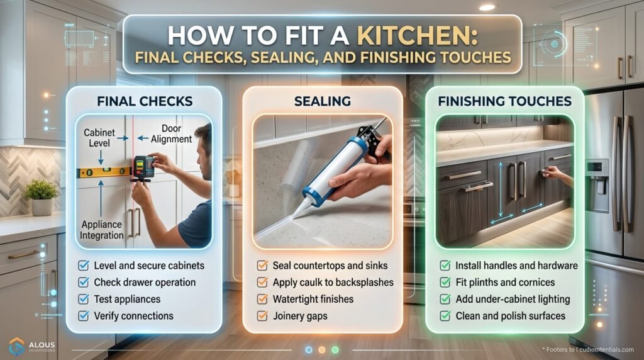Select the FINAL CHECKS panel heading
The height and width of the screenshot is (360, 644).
(144, 101)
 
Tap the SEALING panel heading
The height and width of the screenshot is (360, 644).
(323, 101)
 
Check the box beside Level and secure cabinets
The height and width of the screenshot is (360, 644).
(83, 266)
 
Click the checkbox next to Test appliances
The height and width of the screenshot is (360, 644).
(83, 299)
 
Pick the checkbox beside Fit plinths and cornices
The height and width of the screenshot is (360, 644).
(445, 283)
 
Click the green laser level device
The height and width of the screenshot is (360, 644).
(143, 167)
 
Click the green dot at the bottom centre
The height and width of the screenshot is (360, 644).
(335, 349)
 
